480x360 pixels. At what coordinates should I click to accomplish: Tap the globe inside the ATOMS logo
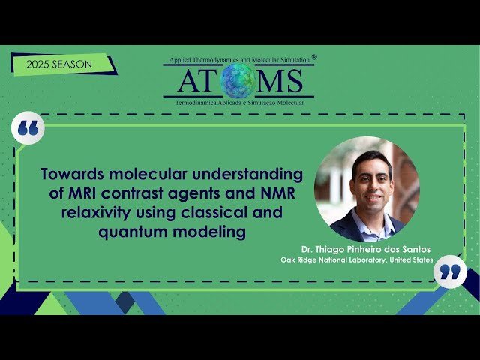(238, 79)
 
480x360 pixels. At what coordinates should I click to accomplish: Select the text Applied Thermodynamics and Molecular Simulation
(238, 58)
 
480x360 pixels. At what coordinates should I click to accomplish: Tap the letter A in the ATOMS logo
(183, 80)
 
